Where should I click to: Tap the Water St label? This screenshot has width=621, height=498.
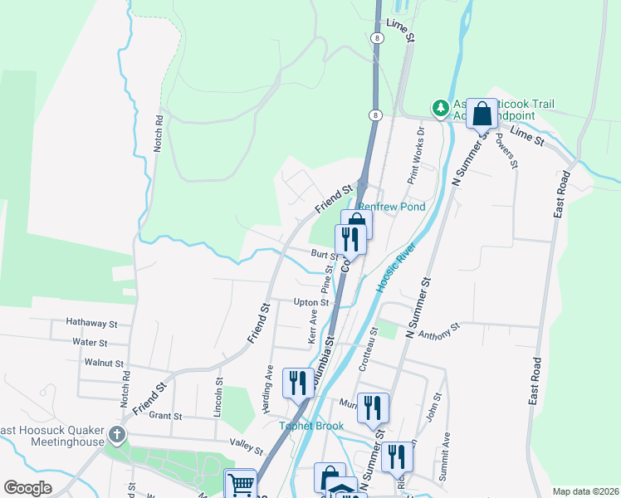pos(90,342)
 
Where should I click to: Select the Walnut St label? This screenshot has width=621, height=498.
pos(104,363)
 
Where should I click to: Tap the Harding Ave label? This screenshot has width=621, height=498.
pos(270,383)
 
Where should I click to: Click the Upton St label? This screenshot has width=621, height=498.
pos(312,303)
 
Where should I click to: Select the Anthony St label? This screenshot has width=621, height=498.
pos(439,333)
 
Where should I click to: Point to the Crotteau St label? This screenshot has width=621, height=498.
pos(363,355)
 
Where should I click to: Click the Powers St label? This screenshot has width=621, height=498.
pos(507,153)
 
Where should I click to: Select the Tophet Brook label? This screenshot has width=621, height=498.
pos(309,426)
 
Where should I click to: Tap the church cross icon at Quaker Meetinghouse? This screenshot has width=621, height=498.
pos(118,434)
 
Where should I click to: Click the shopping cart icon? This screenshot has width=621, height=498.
pos(241,483)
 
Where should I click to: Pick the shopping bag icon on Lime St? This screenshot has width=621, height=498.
pos(482,113)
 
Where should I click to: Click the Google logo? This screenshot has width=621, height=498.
pos(28,488)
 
